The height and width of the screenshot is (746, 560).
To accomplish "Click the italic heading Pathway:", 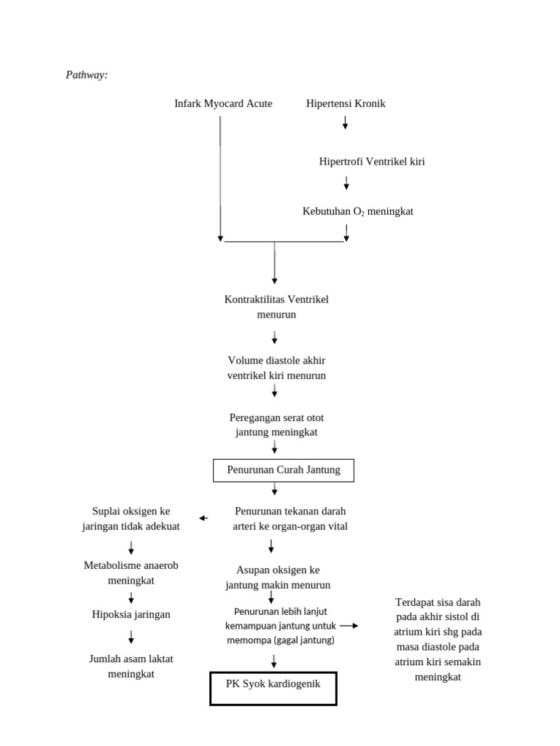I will [87, 75].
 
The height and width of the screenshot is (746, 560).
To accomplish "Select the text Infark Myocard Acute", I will [223, 103].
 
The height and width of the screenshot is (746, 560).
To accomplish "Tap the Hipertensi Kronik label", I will [346, 103].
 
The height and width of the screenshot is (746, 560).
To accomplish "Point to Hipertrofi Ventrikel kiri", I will [372, 162].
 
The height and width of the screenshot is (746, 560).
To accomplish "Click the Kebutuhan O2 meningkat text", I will [357, 211].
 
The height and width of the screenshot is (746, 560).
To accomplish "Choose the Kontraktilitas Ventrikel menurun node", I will [276, 307].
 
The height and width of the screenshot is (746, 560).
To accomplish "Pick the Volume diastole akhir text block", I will [276, 368].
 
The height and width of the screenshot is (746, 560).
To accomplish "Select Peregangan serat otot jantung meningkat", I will [276, 425].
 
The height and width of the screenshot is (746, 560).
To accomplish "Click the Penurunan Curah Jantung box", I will [283, 470].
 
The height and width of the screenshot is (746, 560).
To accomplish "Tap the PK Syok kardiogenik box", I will [273, 688].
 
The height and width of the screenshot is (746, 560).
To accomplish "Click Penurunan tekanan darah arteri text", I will [290, 519].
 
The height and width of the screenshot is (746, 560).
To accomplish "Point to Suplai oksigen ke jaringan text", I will [131, 519].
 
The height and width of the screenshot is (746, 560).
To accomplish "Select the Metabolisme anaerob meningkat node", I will [131, 573].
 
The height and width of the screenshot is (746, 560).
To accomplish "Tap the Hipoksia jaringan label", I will [131, 614].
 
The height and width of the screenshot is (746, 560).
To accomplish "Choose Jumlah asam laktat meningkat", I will [131, 666].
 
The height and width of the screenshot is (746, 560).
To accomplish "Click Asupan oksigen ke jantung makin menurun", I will [278, 577].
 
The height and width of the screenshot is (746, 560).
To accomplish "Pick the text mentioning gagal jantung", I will [280, 626].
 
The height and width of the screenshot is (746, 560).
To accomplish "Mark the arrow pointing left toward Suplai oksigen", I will [203, 518].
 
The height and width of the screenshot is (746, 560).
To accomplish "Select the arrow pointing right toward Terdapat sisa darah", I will [349, 625].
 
